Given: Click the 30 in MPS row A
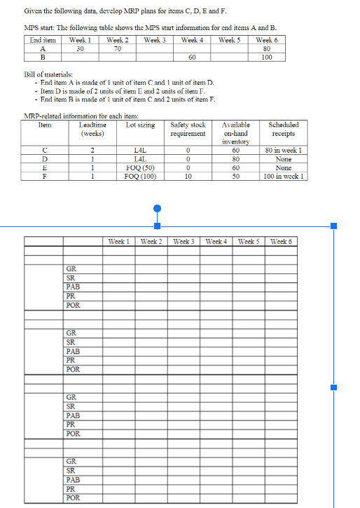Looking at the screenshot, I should pyautogui.click(x=79, y=48).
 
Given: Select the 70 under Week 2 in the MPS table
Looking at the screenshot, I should pyautogui.click(x=116, y=48).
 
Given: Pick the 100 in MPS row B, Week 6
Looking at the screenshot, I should pyautogui.click(x=266, y=57).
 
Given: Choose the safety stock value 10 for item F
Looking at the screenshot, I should pyautogui.click(x=188, y=177).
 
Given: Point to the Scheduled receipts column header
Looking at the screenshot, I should pyautogui.click(x=282, y=129).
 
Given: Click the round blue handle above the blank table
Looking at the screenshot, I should pyautogui.click(x=158, y=208).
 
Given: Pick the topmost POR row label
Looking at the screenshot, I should pyautogui.click(x=72, y=305).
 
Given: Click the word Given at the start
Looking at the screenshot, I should pyautogui.click(x=34, y=11).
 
